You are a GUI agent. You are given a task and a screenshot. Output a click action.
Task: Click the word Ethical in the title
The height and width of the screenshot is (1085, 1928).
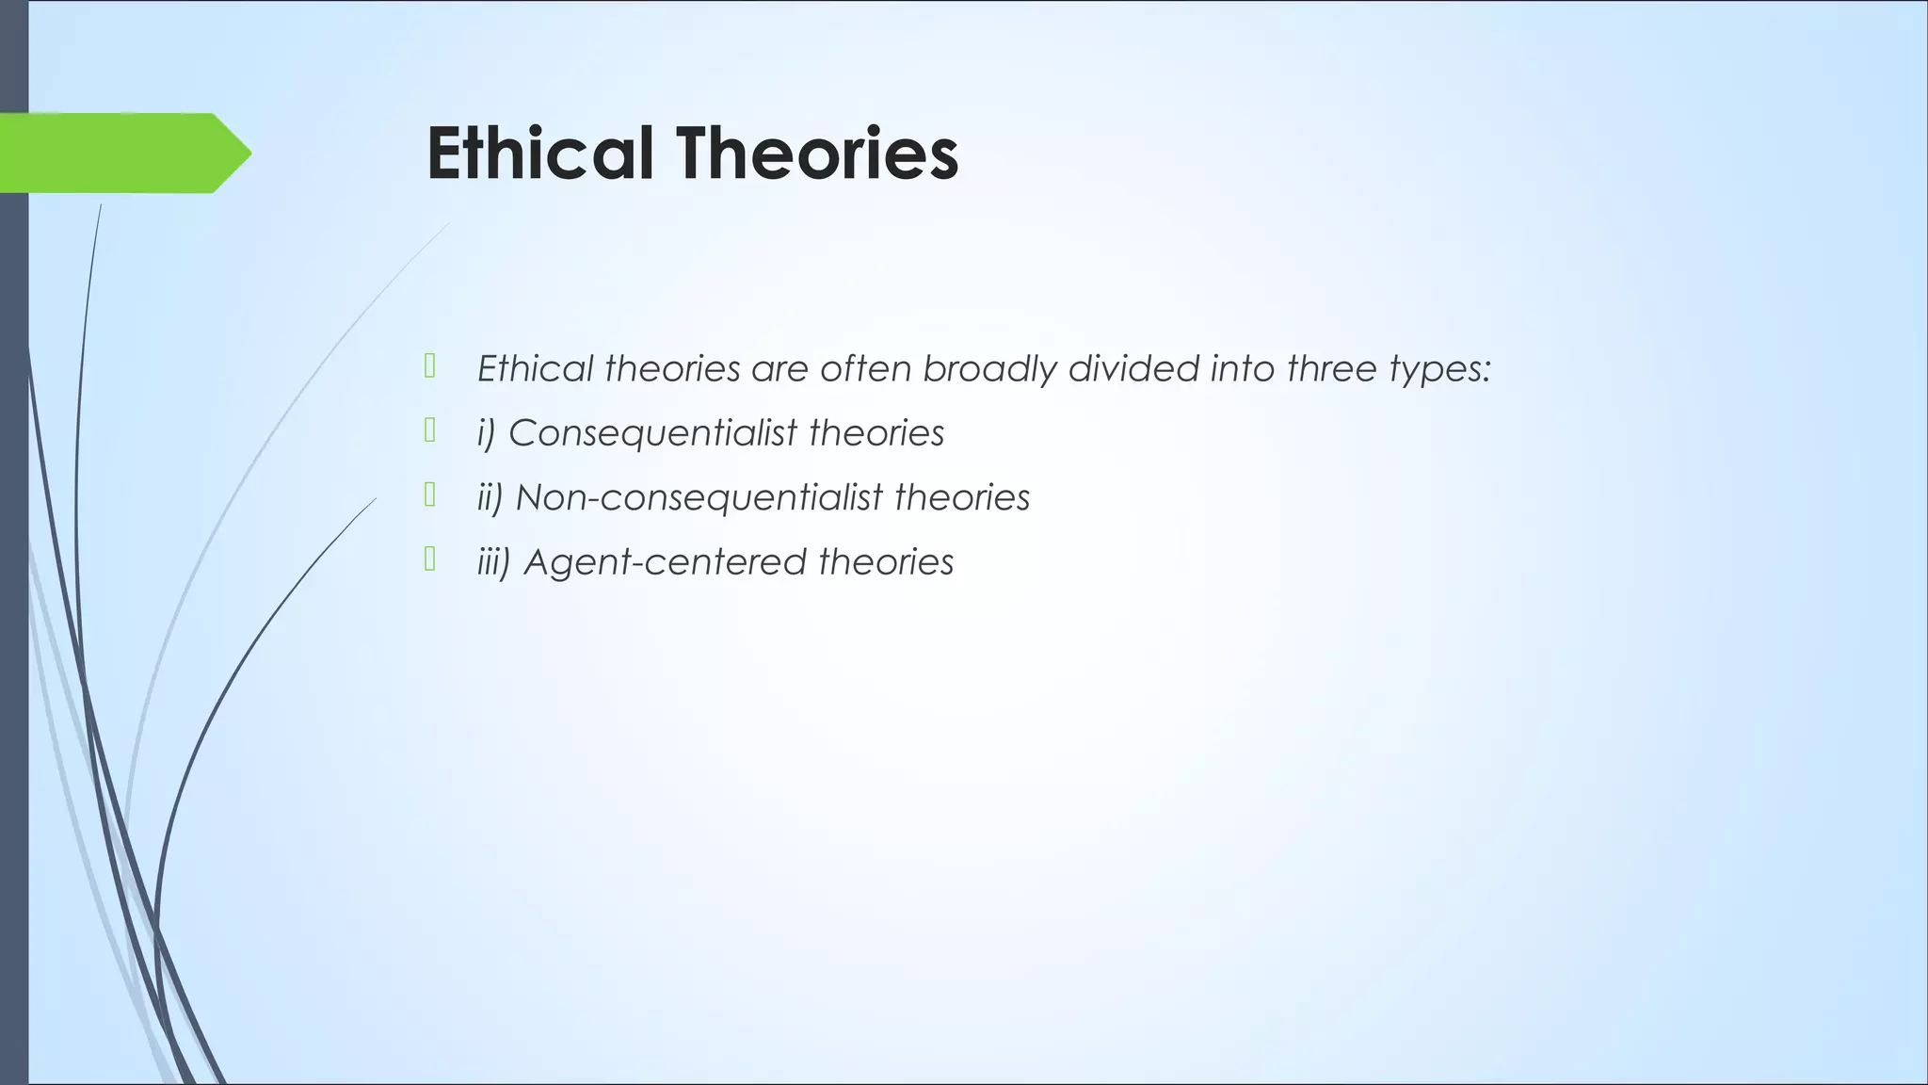coord(539,154)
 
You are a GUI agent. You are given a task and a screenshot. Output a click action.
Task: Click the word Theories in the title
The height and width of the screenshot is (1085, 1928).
coord(816,154)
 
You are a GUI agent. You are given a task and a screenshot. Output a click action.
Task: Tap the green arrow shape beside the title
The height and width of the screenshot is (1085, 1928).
coord(122,153)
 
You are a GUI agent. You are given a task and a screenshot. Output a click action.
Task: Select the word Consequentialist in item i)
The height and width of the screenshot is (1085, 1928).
coord(652,433)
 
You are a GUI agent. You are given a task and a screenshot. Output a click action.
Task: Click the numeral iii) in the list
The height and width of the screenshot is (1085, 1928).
coord(493,562)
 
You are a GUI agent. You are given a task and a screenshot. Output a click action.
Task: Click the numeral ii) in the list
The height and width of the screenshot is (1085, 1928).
coord(490,497)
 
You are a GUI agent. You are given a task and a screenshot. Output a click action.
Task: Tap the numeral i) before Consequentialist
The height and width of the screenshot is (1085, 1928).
coord(486,433)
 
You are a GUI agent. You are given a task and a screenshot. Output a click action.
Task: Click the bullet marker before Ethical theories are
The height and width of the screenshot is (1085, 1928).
coord(429,365)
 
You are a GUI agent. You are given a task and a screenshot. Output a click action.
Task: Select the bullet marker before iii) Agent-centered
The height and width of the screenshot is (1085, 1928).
coord(429,559)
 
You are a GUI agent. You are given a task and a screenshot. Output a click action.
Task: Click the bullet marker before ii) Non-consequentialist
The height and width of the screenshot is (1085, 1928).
coord(429,494)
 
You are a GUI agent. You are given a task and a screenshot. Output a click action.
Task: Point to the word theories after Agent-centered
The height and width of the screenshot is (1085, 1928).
coord(885,562)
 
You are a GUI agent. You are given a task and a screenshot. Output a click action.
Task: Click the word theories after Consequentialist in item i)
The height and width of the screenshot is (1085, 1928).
coord(876,433)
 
